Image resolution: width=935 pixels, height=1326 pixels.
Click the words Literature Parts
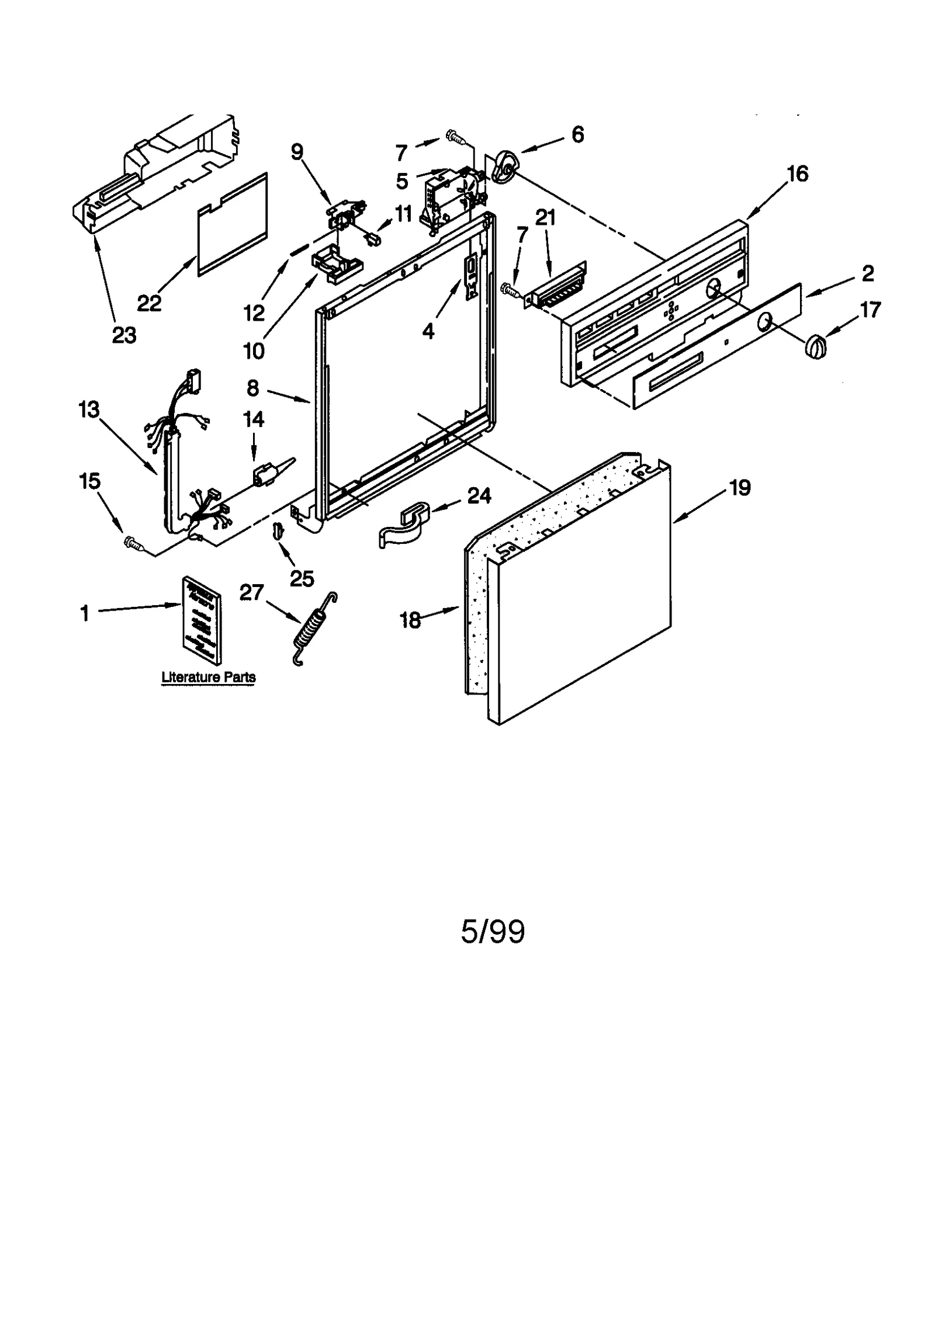pyautogui.click(x=208, y=677)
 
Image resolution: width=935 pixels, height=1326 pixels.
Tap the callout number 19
pyautogui.click(x=740, y=487)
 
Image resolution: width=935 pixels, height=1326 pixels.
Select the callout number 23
pyautogui.click(x=124, y=335)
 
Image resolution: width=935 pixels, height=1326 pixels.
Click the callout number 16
pyautogui.click(x=798, y=173)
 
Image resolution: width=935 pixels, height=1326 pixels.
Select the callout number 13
pyautogui.click(x=89, y=409)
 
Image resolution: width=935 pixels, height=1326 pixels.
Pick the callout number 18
pyautogui.click(x=410, y=620)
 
